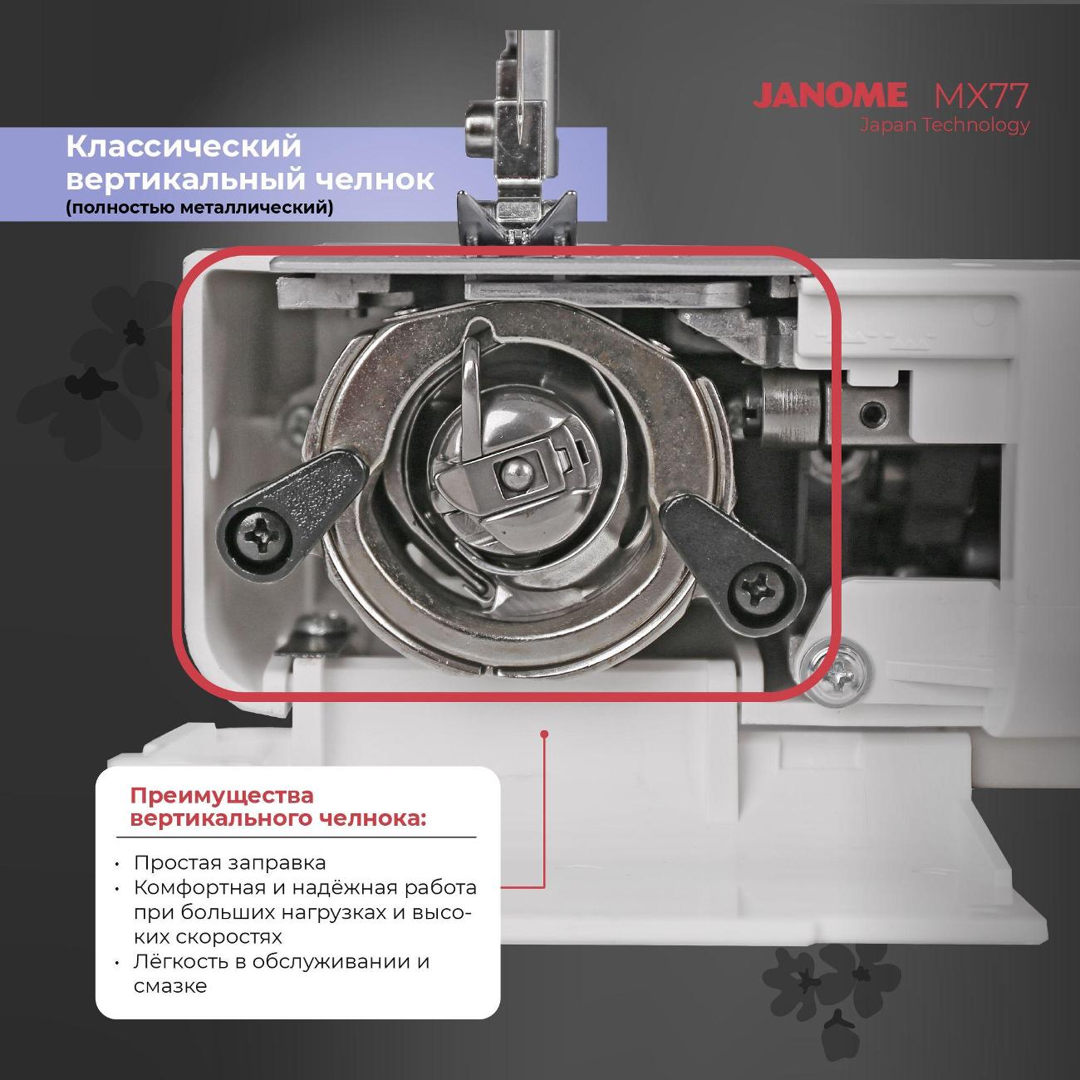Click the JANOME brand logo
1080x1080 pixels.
point(830,95)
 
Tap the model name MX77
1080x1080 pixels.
point(981,96)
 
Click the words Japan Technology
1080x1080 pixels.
point(945,125)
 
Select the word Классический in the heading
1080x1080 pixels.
point(184,147)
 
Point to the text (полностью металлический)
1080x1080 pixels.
point(199,208)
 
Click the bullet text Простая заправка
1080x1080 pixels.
point(230,862)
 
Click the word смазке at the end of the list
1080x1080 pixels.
point(170,985)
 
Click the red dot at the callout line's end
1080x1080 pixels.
point(543,733)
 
